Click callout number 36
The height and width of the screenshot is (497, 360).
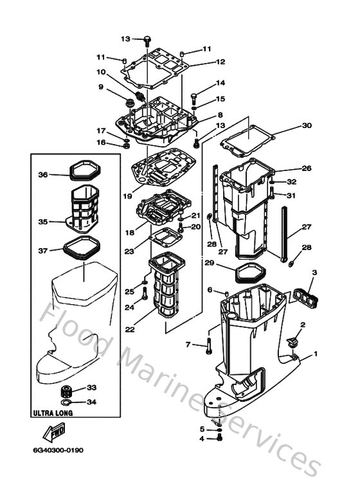tap(43, 174)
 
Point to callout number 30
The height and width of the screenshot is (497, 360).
tap(306, 125)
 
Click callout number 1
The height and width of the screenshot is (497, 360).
tap(315, 354)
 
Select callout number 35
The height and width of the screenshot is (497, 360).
tap(43, 222)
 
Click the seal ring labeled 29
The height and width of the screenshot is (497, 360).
tap(242, 273)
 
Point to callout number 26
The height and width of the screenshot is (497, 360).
tap(306, 168)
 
